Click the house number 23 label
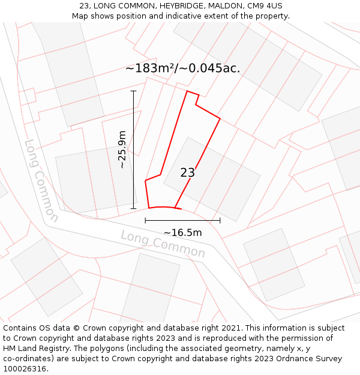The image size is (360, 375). coord(188,173)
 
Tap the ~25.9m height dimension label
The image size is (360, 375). coord(122,149)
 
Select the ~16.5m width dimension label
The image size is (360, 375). coord(182,232)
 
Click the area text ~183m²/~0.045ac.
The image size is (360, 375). coord(182,68)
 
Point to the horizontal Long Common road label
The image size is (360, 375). coord(163,244)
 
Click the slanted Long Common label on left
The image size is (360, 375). coord(41,181)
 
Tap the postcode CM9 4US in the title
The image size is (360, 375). coord(263,6)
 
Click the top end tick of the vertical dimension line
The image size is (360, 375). coord(133,91)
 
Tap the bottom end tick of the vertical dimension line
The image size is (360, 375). coord(133,209)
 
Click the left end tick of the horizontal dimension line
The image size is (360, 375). coord(145,220)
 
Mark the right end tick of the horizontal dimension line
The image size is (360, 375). coord(220,220)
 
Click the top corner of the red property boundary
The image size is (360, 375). coord(188,91)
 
